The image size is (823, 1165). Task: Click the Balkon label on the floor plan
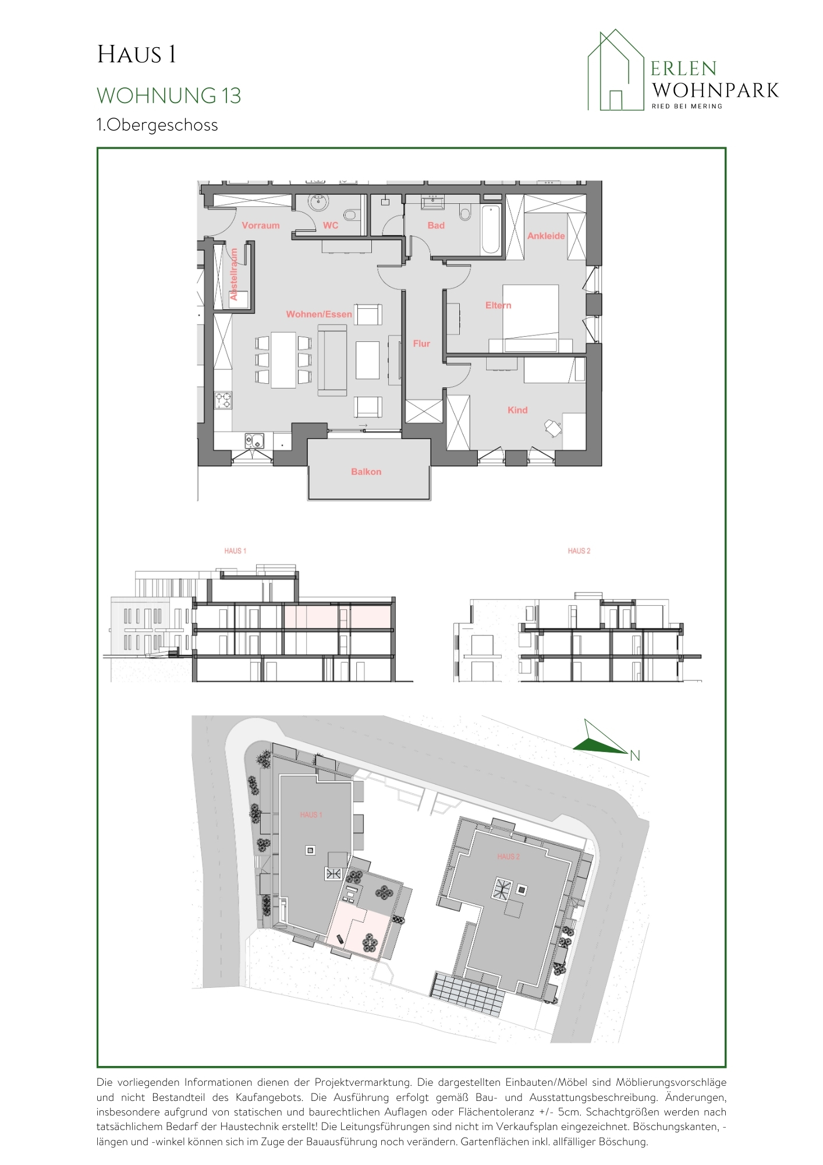(366, 472)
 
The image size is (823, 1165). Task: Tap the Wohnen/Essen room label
(319, 315)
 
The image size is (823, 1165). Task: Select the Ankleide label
(546, 236)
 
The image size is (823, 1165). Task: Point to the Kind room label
(517, 410)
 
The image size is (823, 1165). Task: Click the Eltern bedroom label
(498, 305)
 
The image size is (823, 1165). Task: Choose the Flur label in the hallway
(421, 344)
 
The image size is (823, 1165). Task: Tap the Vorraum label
(261, 225)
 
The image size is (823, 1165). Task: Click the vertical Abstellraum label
(234, 274)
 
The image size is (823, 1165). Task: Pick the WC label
(331, 225)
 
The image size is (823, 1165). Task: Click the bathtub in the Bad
(491, 229)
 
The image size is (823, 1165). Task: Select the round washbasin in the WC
(318, 202)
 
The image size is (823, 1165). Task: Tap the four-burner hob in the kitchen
(224, 400)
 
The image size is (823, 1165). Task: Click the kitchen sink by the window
(254, 441)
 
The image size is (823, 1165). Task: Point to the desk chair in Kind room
(552, 428)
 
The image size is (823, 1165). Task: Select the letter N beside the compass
(635, 756)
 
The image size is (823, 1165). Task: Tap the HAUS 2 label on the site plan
(508, 857)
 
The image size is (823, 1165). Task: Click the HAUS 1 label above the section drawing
(235, 550)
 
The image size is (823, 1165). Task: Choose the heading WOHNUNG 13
(169, 96)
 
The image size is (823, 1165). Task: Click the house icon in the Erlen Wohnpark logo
(616, 70)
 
